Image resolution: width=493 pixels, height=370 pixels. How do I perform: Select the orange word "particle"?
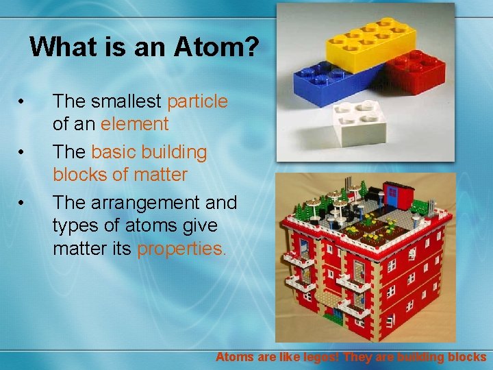197,101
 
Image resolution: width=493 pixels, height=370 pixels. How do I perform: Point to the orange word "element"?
134,124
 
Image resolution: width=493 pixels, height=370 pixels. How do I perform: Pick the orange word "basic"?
114,152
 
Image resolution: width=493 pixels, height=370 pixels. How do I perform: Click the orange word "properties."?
181,248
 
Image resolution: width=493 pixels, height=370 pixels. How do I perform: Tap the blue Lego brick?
329,83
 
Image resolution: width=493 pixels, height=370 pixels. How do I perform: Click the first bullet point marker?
23,102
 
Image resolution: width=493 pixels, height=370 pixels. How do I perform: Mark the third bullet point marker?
23,203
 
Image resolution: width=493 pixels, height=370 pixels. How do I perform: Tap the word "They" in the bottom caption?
359,357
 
